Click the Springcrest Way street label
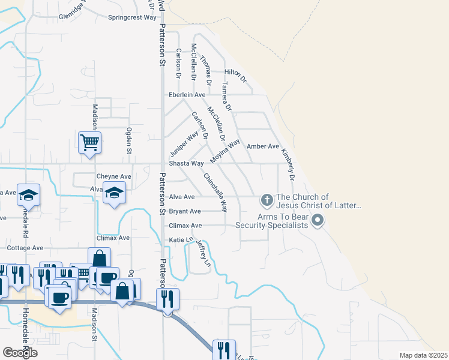pos(132,17)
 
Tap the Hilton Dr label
pos(235,75)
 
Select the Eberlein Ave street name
pos(187,95)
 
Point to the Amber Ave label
pos(264,146)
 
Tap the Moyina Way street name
pos(224,153)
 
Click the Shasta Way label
pos(187,163)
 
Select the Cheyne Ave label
pos(113,176)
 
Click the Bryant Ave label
pos(185,211)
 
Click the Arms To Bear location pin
pos(318,221)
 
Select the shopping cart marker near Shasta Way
pos(89,143)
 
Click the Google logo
pos(20,352)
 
